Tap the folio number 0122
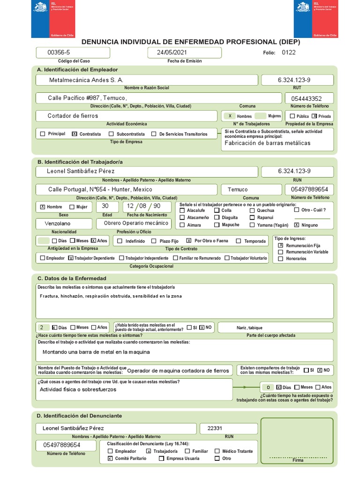pos(289,52)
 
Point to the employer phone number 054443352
pos(307,98)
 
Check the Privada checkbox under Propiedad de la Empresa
pos(314,116)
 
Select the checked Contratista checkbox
pos(75,134)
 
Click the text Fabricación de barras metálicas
pos(268,143)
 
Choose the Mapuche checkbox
pos(217,225)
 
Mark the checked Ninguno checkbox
pos(297,225)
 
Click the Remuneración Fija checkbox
pos(281,245)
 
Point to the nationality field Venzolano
pos(64,223)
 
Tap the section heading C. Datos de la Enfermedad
pos(72,278)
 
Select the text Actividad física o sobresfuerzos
pos(78,389)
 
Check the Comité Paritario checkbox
pos(110,458)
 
